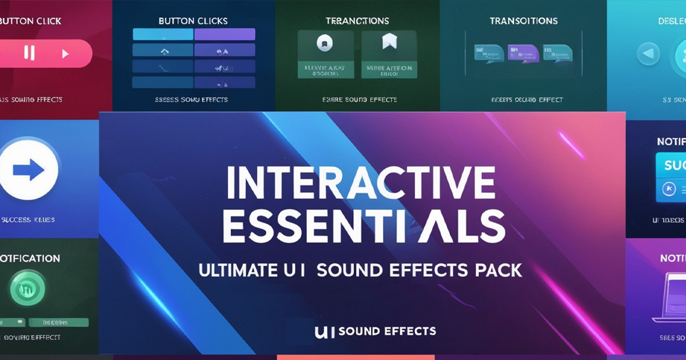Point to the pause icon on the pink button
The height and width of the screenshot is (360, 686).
[x=29, y=54]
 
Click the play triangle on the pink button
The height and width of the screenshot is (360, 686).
[x=65, y=54]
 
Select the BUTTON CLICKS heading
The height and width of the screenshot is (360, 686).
[x=193, y=21]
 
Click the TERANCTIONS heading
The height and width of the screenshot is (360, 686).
[x=357, y=21]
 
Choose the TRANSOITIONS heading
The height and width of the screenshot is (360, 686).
[x=523, y=21]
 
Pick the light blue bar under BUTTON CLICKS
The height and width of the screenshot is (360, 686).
[x=162, y=34]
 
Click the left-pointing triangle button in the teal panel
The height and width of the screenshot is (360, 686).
[x=648, y=54]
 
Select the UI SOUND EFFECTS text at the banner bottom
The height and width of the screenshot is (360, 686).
[x=375, y=331]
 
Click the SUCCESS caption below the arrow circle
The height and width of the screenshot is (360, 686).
[x=28, y=219]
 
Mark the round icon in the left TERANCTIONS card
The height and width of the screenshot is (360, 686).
[x=324, y=42]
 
